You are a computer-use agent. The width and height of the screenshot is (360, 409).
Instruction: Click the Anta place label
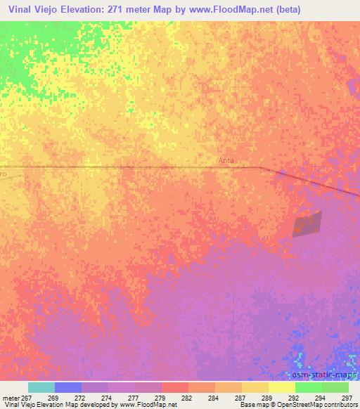pyautogui.click(x=226, y=161)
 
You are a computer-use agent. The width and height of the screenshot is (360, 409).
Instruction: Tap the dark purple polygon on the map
pyautogui.click(x=307, y=224)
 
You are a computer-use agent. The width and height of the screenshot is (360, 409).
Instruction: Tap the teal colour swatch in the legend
pyautogui.click(x=41, y=387)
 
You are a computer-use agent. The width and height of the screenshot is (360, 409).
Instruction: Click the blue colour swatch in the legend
pyautogui.click(x=67, y=387)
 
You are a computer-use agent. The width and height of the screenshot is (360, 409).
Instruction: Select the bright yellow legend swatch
pyautogui.click(x=281, y=387)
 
